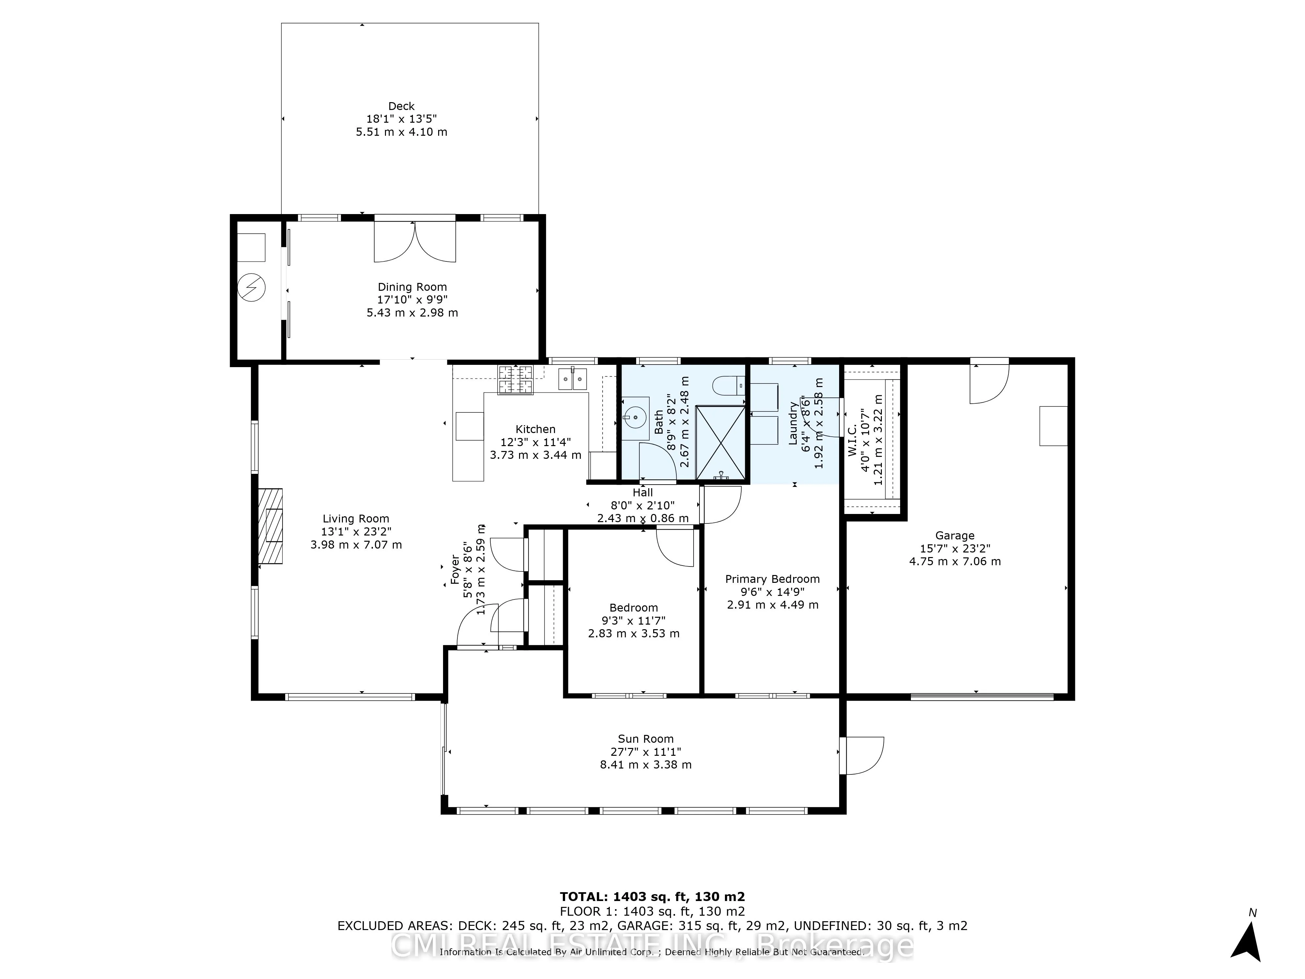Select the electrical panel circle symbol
pos(251,288)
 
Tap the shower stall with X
pos(720,442)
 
